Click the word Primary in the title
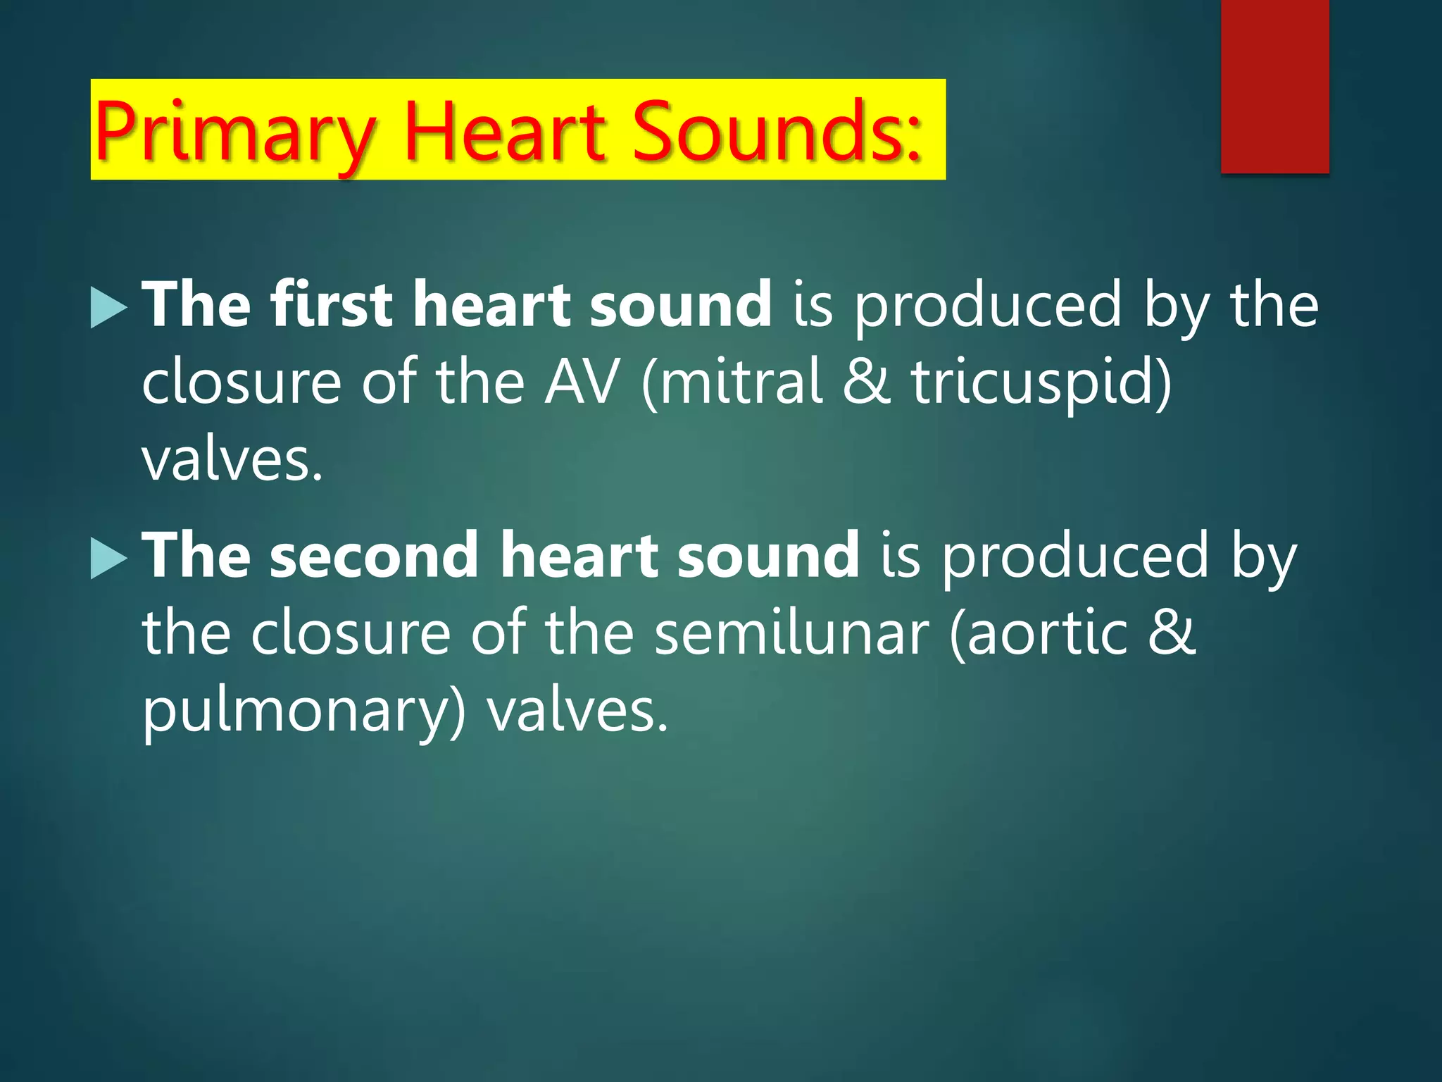click(235, 132)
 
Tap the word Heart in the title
click(504, 131)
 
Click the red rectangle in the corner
click(1274, 86)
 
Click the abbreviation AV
click(582, 382)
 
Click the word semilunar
click(791, 633)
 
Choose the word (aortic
click(1038, 633)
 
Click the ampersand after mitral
click(867, 382)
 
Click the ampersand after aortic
click(1172, 633)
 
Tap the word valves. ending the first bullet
click(232, 461)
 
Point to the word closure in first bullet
click(242, 382)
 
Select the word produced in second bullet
click(1074, 557)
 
